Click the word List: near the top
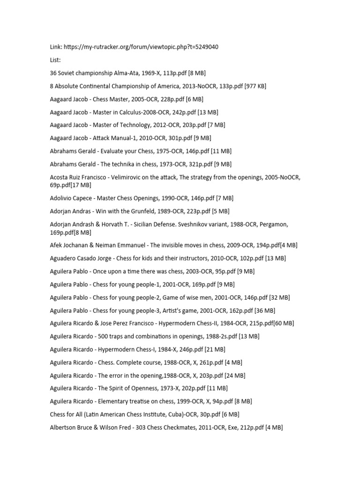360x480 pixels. [x=56, y=60]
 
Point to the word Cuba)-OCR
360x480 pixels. [x=181, y=414]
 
